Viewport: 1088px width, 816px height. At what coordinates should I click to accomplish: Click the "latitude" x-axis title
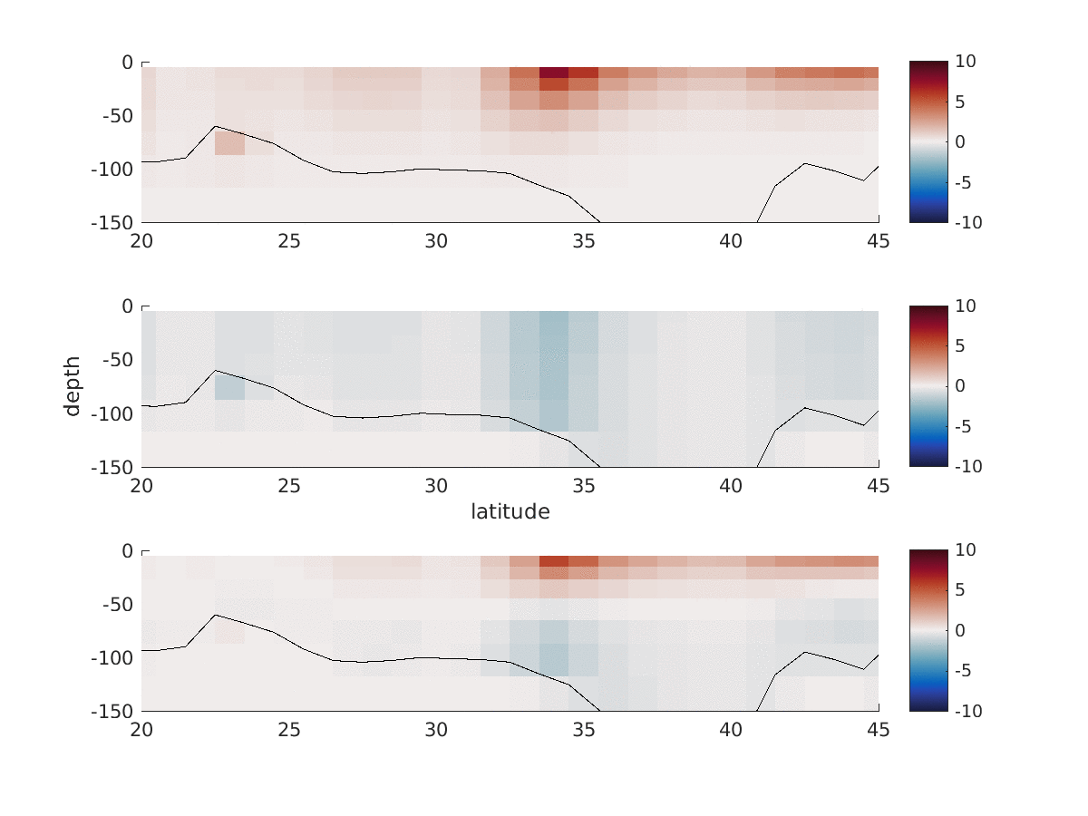(x=510, y=511)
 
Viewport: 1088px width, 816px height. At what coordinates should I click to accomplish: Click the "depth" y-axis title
(x=73, y=386)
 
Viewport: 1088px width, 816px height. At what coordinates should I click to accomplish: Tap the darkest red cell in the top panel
(x=554, y=73)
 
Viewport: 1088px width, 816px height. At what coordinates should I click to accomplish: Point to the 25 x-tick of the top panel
(x=289, y=240)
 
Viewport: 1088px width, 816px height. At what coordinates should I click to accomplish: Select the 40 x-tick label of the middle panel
(x=731, y=485)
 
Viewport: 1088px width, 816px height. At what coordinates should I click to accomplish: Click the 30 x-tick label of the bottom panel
(x=436, y=730)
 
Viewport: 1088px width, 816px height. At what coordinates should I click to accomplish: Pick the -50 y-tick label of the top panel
(x=114, y=116)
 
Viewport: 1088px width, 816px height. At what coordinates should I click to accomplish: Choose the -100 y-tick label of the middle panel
(x=110, y=413)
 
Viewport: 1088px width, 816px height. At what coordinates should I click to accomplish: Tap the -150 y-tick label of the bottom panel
(x=110, y=711)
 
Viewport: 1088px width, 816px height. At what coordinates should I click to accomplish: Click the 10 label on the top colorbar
(x=965, y=62)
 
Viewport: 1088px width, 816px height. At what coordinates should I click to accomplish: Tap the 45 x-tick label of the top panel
(x=879, y=240)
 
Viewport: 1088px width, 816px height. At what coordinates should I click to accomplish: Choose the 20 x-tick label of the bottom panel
(x=141, y=730)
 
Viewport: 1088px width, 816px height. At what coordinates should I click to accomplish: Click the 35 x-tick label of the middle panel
(x=584, y=485)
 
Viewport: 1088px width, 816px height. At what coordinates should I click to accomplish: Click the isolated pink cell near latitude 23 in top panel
(x=229, y=143)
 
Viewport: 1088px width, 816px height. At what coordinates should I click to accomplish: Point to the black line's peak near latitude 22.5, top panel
(x=215, y=127)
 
